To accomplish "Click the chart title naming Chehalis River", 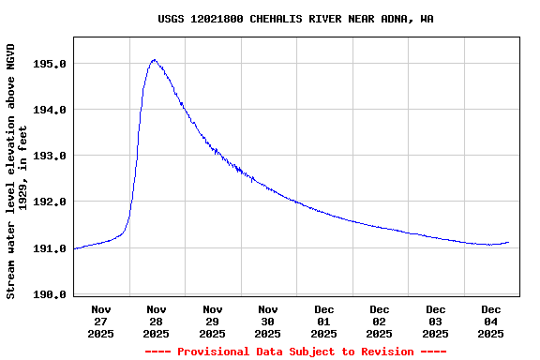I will pos(295,19).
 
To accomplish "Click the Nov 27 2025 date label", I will pos(101,321).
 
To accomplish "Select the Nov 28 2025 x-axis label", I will pos(157,321).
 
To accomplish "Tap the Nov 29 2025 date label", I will pos(213,321).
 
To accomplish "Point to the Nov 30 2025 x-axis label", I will pos(268,321).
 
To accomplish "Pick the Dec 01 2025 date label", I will pos(324,321).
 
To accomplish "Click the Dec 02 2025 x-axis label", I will pos(380,321).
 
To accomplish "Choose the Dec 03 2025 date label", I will pos(436,321).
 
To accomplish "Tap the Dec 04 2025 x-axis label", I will pos(491,321).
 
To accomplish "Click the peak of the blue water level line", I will pos(154,60).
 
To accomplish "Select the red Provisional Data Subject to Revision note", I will pos(295,352).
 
